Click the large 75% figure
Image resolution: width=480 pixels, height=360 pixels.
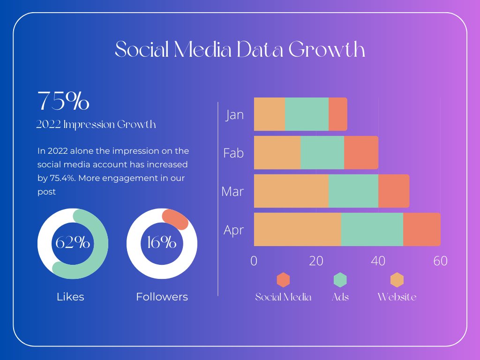63,101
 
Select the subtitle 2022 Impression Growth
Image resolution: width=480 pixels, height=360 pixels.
96,125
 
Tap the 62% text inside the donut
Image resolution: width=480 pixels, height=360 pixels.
73,243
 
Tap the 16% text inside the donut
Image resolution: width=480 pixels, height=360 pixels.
162,243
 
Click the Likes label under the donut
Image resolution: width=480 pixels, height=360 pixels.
70,297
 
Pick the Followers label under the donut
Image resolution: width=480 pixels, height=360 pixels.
162,297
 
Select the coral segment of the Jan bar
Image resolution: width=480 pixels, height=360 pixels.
337,114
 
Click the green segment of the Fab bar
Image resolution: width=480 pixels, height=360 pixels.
322,152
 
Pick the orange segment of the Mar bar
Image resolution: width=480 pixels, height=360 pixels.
291,191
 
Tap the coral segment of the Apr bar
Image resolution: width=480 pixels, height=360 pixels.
421,229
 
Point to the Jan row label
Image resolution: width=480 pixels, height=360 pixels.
235,115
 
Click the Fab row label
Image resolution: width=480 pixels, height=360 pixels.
233,153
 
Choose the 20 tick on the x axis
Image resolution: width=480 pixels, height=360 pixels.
316,261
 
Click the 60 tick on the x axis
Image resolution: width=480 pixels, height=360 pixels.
440,261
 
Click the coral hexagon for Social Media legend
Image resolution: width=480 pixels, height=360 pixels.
283,280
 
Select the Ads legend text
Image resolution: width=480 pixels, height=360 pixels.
340,297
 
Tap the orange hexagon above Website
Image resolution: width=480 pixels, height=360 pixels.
397,280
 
